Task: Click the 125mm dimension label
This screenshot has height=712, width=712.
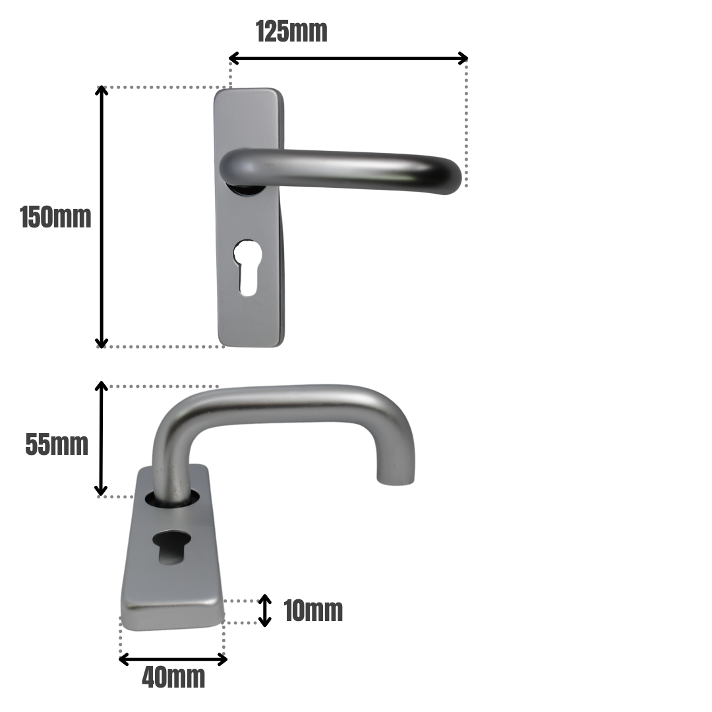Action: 291,31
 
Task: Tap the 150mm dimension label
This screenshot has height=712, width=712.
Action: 55,218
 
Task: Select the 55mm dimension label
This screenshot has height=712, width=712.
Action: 57,445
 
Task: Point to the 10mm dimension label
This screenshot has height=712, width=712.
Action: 313,611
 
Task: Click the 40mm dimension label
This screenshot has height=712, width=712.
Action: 173,678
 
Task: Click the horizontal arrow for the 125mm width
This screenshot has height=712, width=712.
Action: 348,58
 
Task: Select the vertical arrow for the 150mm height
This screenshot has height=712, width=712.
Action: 102,217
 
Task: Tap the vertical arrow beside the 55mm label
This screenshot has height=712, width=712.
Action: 101,438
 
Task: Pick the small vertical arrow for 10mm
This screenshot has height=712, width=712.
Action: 264,610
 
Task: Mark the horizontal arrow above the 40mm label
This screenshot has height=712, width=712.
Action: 173,659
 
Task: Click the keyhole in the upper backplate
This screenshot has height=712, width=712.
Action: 246,267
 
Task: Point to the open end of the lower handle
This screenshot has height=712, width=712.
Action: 396,479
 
